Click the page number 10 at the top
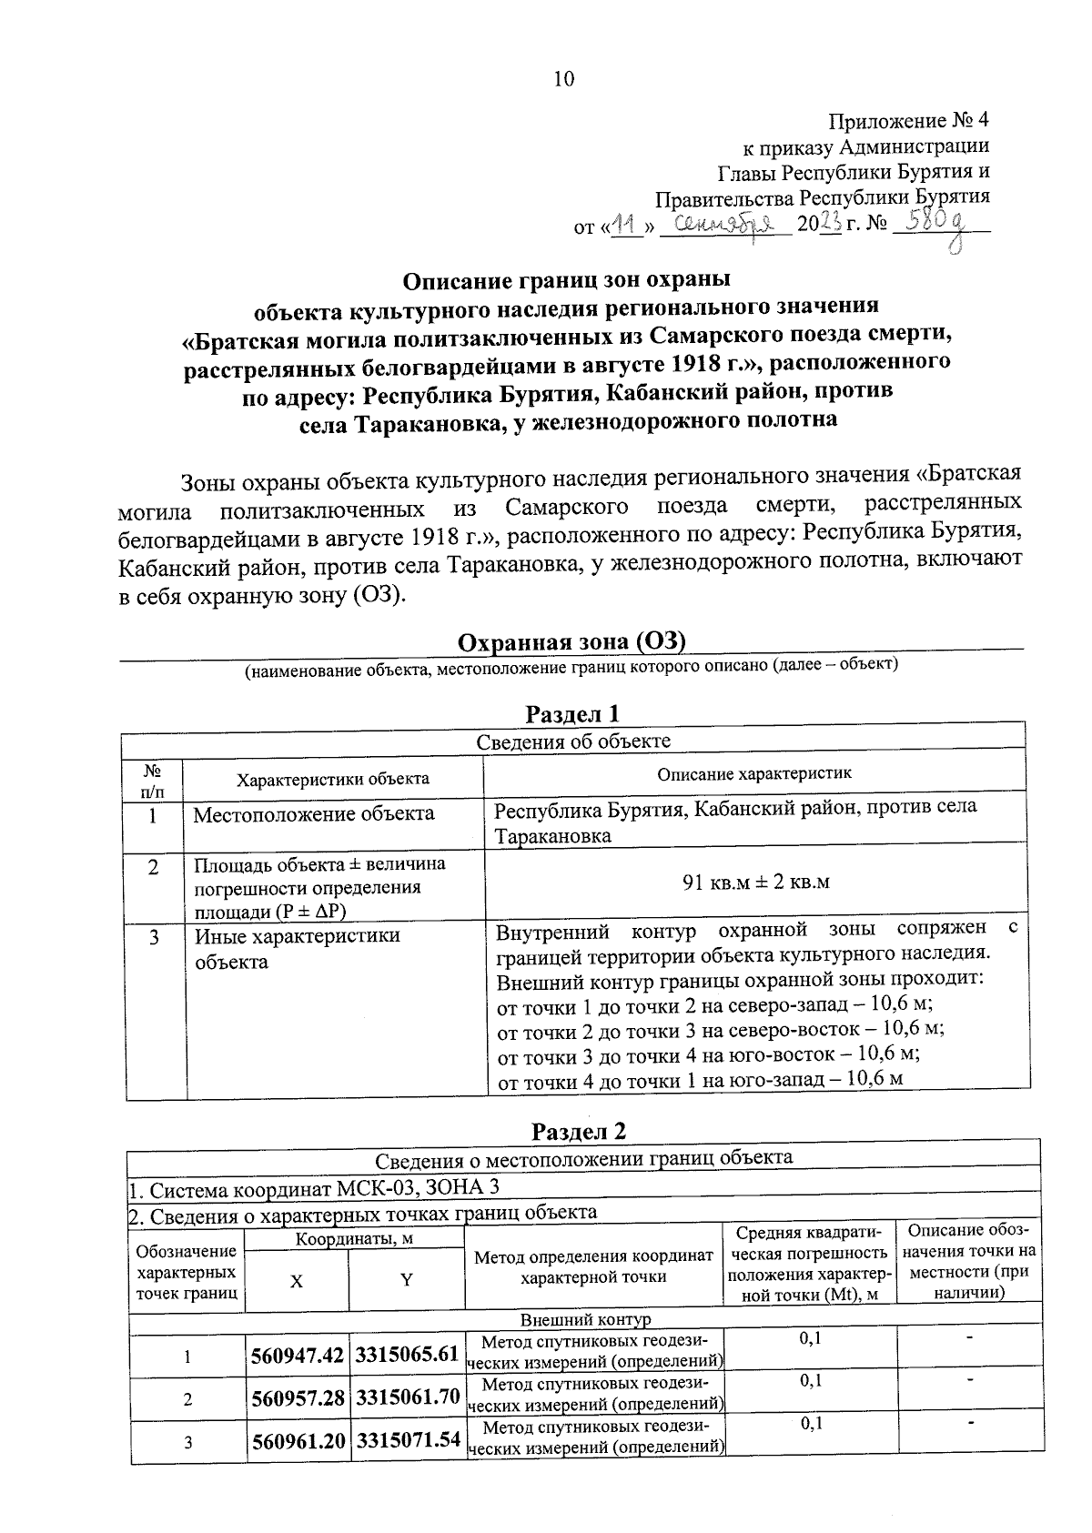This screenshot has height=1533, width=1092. point(564,79)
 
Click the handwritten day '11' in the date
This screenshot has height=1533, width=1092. point(625,224)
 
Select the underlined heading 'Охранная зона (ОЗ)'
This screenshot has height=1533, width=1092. point(571,642)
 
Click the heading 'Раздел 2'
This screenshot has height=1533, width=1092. point(579,1131)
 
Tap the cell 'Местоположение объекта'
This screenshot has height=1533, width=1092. point(313,813)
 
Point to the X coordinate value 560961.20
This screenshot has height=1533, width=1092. point(297,1439)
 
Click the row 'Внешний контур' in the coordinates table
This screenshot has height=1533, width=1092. point(585,1319)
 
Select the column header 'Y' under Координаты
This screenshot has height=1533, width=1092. point(407,1280)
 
